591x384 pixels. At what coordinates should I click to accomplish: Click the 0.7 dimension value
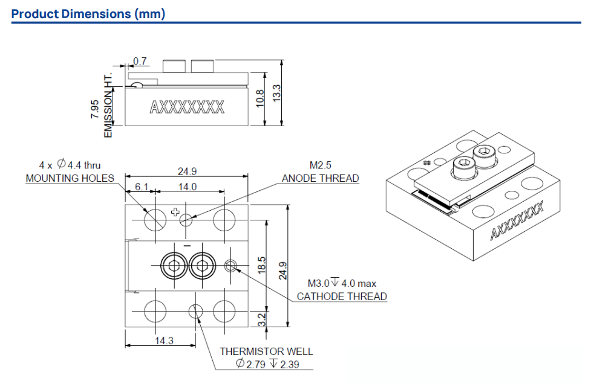click(140, 61)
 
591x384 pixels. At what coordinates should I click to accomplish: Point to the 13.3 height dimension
click(277, 92)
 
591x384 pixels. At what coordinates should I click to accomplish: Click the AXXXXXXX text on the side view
click(187, 107)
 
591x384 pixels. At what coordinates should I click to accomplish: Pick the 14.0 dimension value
click(187, 187)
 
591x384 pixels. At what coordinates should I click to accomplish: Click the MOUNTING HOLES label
click(70, 178)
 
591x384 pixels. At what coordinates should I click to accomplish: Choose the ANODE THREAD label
click(320, 178)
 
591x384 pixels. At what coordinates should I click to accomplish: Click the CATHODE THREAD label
click(342, 296)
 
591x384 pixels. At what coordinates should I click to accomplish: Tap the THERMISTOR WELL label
click(266, 351)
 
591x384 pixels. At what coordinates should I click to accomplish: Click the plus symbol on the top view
click(175, 212)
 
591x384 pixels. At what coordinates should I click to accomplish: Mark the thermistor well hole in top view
click(195, 311)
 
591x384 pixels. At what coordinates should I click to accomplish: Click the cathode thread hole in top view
click(230, 264)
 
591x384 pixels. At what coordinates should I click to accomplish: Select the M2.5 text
click(320, 165)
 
